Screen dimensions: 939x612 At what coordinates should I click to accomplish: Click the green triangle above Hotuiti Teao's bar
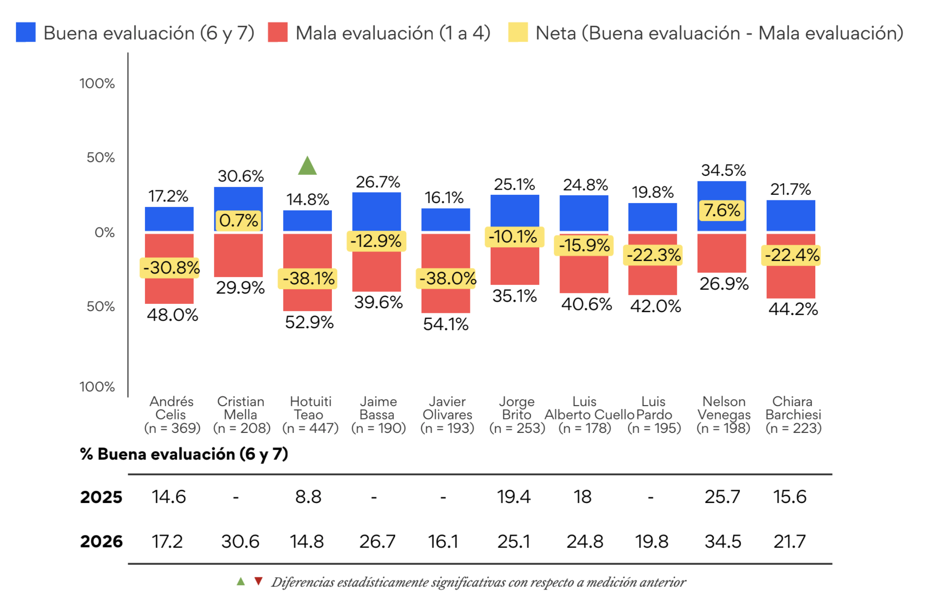tap(307, 165)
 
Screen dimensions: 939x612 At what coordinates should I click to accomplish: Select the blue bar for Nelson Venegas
tap(721, 206)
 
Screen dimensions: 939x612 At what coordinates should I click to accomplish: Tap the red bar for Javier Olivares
tap(445, 273)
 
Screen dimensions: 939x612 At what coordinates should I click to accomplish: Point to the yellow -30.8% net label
tap(170, 267)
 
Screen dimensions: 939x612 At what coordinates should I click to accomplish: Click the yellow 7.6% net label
tap(722, 210)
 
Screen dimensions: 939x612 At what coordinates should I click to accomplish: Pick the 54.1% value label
tap(446, 324)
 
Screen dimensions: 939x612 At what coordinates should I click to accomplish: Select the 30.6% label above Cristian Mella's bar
tap(241, 176)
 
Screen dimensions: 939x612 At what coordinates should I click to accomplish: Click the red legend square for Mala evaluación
tap(277, 32)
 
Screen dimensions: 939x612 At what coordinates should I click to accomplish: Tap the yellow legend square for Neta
tap(518, 32)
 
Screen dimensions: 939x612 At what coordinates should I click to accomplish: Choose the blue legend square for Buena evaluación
tap(26, 32)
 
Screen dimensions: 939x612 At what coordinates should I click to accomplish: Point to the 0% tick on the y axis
tap(105, 233)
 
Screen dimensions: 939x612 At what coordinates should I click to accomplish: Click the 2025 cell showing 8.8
tap(308, 497)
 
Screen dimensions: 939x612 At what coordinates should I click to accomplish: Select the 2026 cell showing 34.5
tap(723, 541)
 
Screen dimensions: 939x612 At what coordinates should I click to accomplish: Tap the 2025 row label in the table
tap(101, 497)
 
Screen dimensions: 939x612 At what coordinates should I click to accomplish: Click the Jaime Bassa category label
tap(378, 408)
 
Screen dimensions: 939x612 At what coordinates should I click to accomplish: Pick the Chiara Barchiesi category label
tap(793, 408)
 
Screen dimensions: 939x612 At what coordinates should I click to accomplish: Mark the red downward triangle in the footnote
tap(258, 581)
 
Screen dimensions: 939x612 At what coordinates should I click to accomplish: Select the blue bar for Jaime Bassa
tap(376, 212)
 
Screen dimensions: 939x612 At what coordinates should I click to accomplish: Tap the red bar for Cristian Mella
tap(238, 255)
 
